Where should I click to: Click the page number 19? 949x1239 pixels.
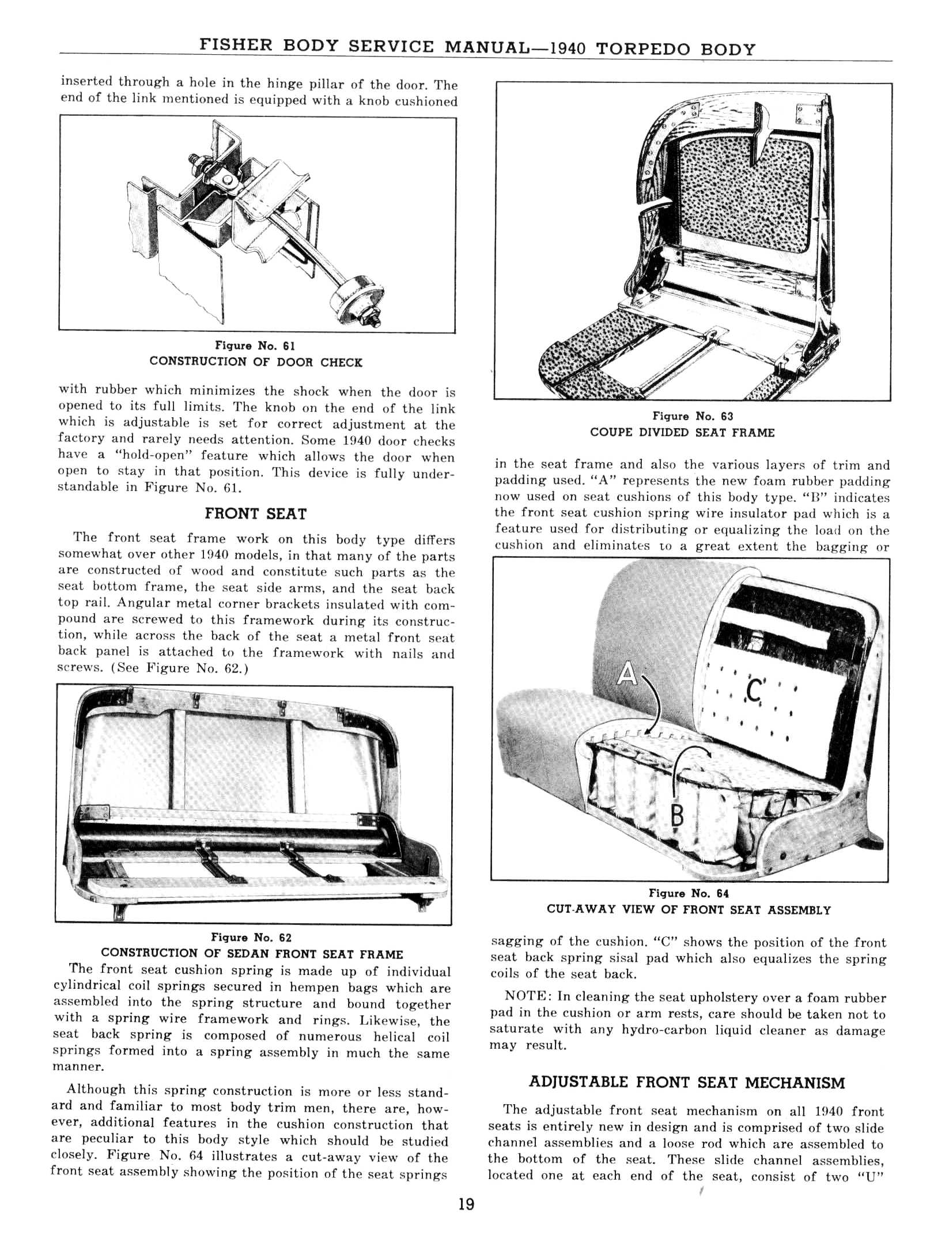466,1204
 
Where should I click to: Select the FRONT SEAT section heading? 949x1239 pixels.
256,513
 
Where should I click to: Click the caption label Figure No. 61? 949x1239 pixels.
255,345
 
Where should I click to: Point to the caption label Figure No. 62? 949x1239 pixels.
252,937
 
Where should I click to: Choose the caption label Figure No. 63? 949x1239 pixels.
693,415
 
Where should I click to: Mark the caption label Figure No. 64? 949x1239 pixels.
689,893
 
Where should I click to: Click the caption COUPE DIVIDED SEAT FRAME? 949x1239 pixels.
682,432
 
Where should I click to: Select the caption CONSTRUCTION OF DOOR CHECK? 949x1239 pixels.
256,362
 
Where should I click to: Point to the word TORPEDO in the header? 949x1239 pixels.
642,48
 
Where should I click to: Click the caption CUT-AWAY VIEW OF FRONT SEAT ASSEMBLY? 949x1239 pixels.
689,910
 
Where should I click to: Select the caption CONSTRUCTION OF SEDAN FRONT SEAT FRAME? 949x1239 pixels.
252,953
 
